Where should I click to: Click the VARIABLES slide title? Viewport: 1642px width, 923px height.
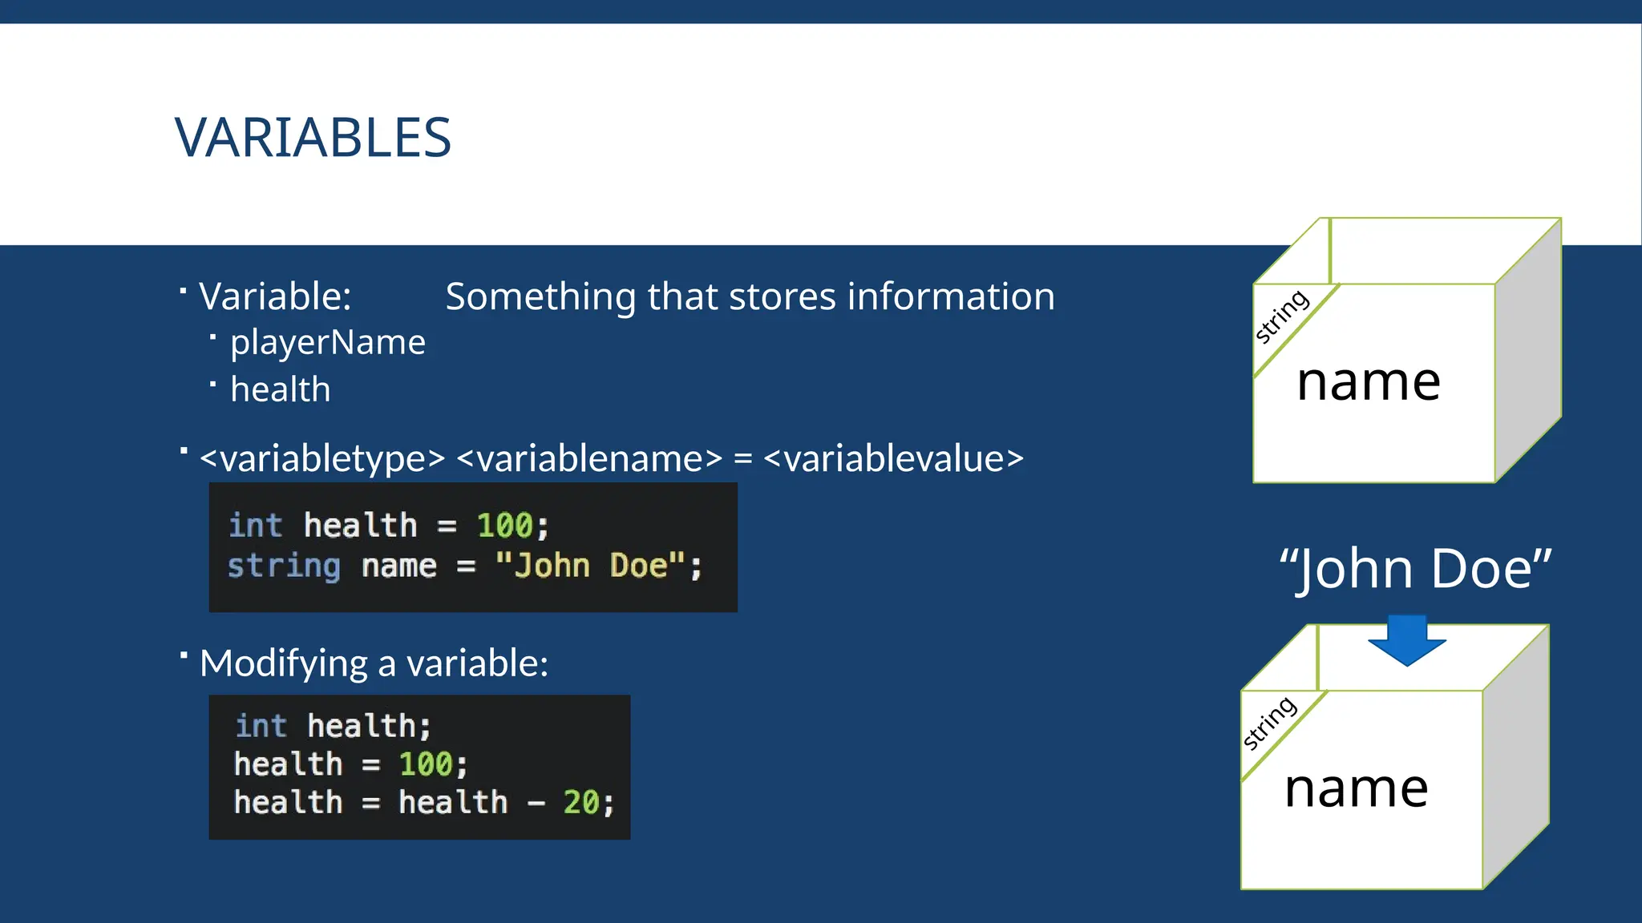click(x=313, y=138)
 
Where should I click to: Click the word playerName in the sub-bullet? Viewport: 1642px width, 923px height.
click(x=327, y=343)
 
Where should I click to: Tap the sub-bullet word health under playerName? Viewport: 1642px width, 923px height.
click(x=280, y=390)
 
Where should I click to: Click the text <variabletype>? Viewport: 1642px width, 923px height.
click(x=322, y=459)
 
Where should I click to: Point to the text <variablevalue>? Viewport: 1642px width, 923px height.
click(x=893, y=459)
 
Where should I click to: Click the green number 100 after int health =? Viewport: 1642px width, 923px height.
click(x=504, y=526)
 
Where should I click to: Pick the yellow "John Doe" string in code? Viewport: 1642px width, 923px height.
click(x=591, y=566)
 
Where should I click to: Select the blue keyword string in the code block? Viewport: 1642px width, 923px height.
click(x=284, y=566)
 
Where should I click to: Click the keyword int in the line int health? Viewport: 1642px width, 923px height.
click(x=261, y=726)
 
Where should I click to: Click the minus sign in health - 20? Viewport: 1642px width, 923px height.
click(x=536, y=803)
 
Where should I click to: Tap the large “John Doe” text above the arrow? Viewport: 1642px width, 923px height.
click(x=1415, y=569)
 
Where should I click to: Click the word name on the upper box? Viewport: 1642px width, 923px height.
click(x=1368, y=382)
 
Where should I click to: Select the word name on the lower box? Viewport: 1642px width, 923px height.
click(x=1356, y=789)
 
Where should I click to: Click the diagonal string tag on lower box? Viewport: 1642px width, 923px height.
click(x=1269, y=723)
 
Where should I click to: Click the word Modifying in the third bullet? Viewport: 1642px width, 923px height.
click(x=284, y=664)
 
